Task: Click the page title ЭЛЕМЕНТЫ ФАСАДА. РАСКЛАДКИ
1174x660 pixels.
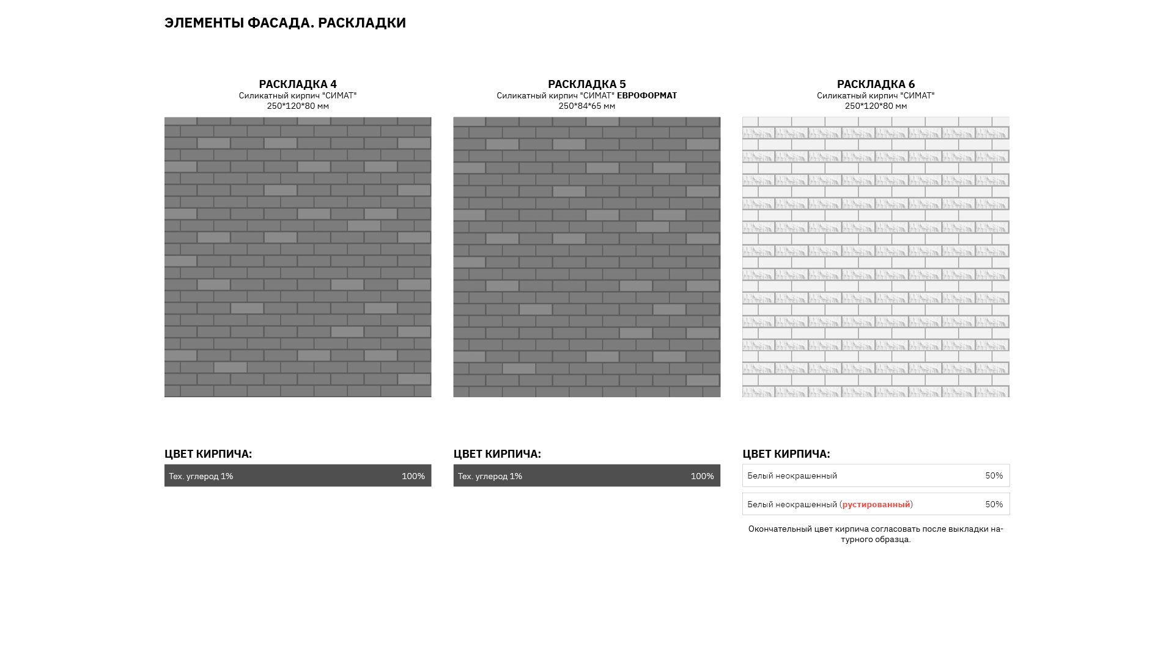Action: tap(285, 23)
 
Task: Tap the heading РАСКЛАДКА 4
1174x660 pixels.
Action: tap(298, 84)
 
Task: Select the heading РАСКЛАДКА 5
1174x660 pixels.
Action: tap(586, 84)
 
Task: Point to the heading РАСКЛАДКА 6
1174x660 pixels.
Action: tap(876, 84)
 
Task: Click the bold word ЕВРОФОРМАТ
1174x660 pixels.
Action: tap(646, 95)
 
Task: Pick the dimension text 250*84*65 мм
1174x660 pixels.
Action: tap(586, 106)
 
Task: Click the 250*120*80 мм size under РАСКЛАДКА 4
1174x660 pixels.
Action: tap(298, 106)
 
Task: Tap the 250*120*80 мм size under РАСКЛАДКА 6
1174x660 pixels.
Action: tap(876, 106)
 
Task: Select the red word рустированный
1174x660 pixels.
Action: tap(876, 504)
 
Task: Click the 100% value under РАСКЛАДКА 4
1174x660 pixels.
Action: tap(413, 476)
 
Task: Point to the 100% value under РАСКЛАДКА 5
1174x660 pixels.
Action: tap(702, 476)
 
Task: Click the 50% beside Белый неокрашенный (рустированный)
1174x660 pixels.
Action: tap(994, 504)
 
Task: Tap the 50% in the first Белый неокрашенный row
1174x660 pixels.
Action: tap(994, 475)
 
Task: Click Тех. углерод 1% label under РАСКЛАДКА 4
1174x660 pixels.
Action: tap(201, 476)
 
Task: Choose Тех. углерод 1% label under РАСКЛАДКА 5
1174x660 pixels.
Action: tap(490, 476)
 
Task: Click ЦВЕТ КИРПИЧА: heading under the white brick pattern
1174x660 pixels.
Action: tap(786, 453)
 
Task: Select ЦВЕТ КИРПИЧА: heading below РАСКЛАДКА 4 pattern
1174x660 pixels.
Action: tap(208, 453)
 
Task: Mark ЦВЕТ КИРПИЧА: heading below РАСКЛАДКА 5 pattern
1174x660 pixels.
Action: tap(497, 453)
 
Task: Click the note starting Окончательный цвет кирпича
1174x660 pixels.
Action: tap(876, 533)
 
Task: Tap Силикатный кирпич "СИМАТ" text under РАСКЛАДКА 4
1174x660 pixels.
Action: tap(298, 95)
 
